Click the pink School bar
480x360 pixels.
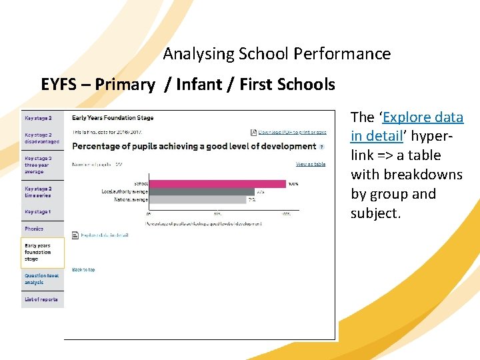point(217,183)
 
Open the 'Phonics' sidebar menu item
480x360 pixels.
point(34,229)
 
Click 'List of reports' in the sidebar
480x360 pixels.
point(41,299)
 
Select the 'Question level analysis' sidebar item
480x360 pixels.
point(41,279)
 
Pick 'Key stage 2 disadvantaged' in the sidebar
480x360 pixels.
point(41,138)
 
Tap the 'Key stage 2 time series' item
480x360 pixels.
point(38,192)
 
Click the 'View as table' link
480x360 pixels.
point(311,164)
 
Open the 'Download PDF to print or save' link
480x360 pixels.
point(293,133)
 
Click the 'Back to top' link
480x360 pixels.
point(83,270)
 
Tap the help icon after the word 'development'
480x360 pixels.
point(322,147)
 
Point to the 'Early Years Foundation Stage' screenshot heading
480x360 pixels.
point(113,118)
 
